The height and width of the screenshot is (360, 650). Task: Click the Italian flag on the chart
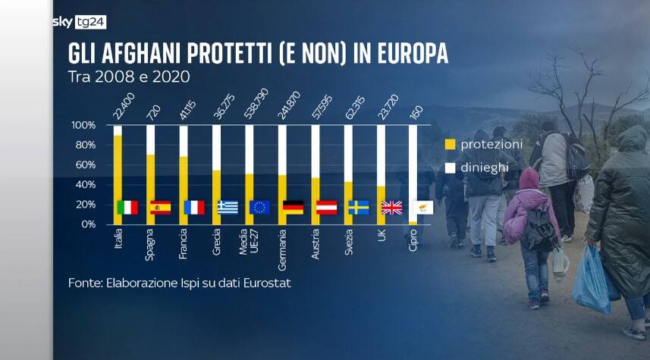click(127, 207)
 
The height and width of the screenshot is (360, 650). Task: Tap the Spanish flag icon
click(160, 207)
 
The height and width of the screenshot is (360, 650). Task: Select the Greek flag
click(227, 207)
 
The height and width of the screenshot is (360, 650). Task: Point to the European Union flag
click(259, 207)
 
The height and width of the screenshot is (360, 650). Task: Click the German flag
click(293, 207)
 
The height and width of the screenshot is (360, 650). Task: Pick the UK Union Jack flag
click(391, 207)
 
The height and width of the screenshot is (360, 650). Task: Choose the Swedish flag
click(359, 207)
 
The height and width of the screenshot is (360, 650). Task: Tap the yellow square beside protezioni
click(449, 143)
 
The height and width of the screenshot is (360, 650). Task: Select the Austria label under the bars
click(316, 245)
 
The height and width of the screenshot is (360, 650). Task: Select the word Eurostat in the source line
click(266, 283)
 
